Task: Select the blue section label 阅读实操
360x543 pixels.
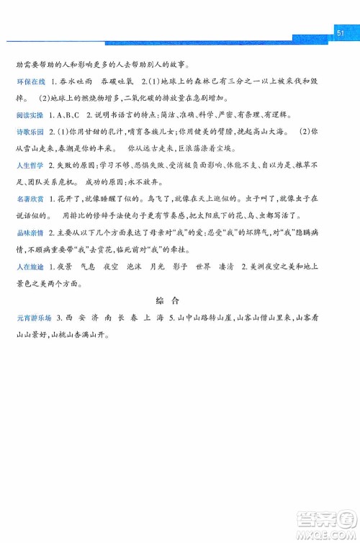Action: coord(31,115)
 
